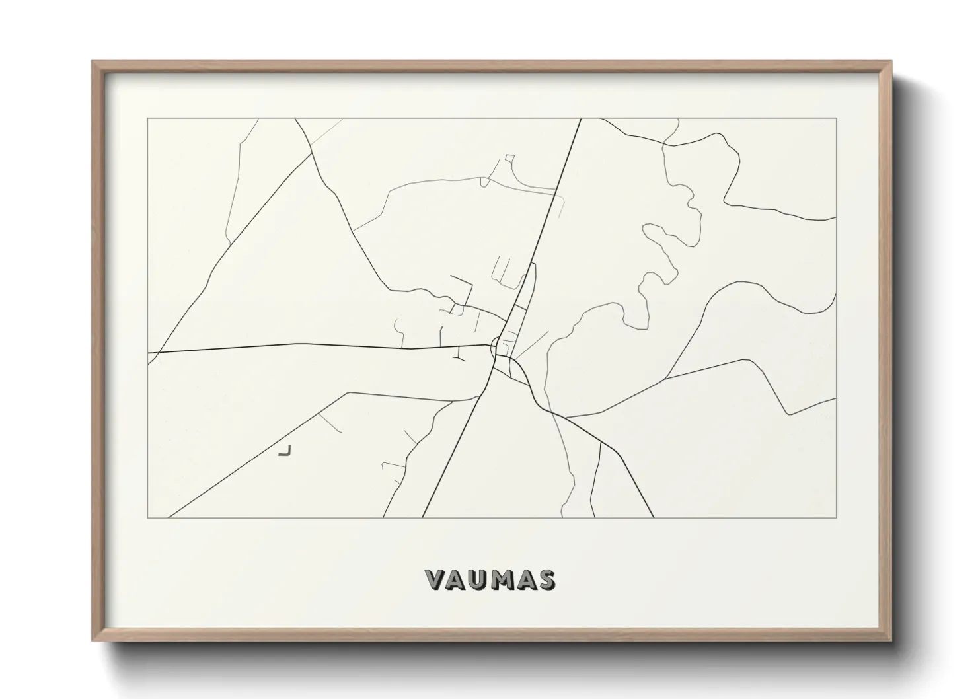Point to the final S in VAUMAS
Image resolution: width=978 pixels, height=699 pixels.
pos(546,579)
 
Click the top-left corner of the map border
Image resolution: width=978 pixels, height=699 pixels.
pos(147,118)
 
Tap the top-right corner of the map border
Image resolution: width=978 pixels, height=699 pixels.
pos(837,118)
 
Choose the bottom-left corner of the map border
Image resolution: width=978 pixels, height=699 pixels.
pos(147,518)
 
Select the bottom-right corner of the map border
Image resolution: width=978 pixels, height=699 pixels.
pos(837,518)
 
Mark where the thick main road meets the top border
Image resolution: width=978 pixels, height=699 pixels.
pos(580,119)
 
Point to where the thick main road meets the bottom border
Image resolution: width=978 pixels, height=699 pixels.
pos(423,517)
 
